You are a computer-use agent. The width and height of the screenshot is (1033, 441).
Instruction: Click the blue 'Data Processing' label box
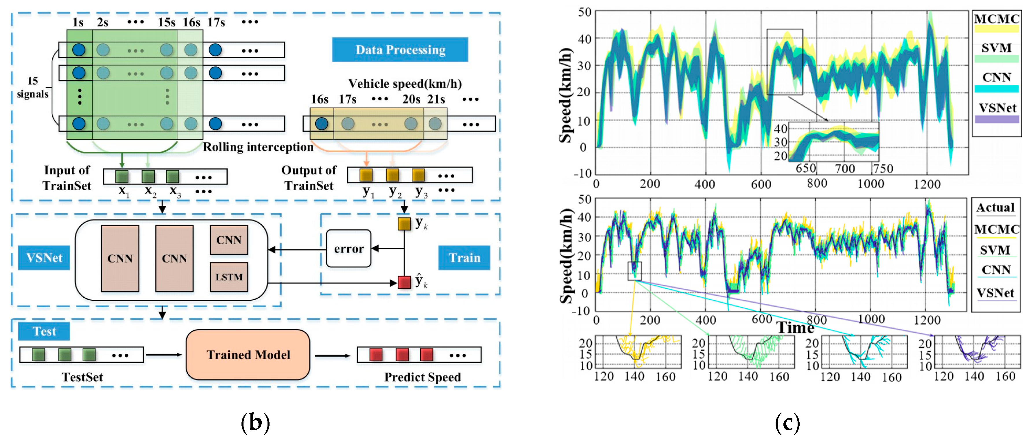[400, 50]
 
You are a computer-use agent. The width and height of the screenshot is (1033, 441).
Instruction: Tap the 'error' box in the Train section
[348, 249]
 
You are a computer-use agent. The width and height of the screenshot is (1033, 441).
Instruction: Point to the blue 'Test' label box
[44, 331]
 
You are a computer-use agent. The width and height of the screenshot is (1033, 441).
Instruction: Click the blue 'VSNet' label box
[44, 258]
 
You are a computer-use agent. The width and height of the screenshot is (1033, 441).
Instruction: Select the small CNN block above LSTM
[228, 240]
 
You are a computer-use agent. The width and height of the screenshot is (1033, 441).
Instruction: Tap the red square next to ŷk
[404, 282]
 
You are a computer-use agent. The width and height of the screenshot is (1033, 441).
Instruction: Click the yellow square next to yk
[404, 224]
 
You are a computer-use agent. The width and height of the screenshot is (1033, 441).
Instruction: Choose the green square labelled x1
[122, 176]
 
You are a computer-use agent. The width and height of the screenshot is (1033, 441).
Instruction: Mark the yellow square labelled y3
[418, 175]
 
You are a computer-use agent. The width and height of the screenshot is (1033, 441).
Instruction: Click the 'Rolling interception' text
[258, 147]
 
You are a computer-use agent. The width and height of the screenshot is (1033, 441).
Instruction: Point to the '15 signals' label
[32, 87]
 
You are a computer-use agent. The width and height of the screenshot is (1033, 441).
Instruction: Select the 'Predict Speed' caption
[422, 377]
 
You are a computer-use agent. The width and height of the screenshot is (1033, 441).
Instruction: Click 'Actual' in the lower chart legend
[995, 208]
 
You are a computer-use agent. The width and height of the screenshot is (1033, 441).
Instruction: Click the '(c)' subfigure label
[787, 423]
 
